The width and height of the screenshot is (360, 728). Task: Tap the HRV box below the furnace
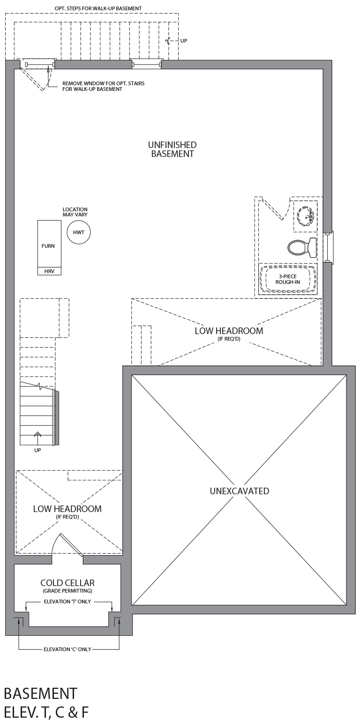pos(49,271)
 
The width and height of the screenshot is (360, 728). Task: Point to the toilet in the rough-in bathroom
pos(302,247)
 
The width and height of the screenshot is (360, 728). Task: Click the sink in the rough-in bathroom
pos(305,216)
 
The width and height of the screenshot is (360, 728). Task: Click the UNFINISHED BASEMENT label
pos(172,149)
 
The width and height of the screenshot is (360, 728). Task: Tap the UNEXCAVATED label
pos(240,491)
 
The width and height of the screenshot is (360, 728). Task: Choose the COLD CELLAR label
pos(67,583)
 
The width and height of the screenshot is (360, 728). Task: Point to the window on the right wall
pos(329,247)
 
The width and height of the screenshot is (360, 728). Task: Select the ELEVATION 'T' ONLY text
pos(67,602)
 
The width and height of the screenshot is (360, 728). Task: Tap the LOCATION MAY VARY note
pos(75,212)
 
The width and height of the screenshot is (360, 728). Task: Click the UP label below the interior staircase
pos(37,450)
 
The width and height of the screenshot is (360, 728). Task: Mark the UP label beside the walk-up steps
pos(184,41)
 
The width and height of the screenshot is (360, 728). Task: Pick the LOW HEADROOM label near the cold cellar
pos(67,509)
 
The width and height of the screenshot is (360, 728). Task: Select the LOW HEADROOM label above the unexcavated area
pos(229,331)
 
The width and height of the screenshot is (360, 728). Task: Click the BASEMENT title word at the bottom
pos(41,693)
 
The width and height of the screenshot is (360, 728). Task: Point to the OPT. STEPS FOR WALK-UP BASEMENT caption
pos(98,8)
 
